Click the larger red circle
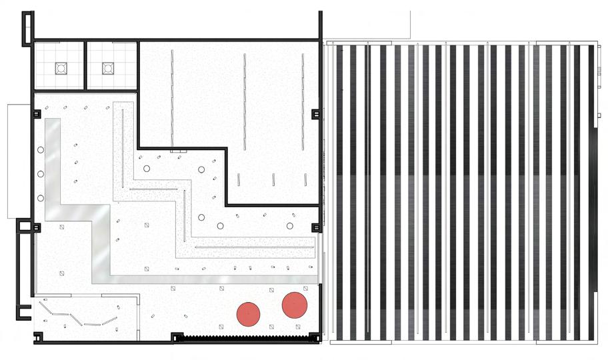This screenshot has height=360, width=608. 294,305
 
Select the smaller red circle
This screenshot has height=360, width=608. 248,313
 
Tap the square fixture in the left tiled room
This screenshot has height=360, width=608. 61,67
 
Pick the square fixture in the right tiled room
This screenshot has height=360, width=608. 108,67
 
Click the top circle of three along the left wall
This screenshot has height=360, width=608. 41,151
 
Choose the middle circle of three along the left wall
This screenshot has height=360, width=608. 41,174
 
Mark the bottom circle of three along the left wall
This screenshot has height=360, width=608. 41,198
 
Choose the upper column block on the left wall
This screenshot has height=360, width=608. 37,114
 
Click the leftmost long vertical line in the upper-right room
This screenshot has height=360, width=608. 173,100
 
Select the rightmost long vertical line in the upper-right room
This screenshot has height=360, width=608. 303,100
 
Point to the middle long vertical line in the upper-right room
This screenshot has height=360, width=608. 245,100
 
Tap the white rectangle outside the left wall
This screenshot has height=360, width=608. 19,160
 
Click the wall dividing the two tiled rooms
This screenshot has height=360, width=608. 86,65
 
